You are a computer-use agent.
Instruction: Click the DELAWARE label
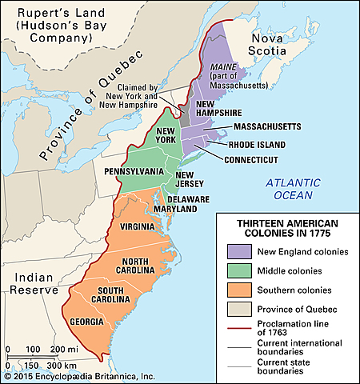pos(188,198)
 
